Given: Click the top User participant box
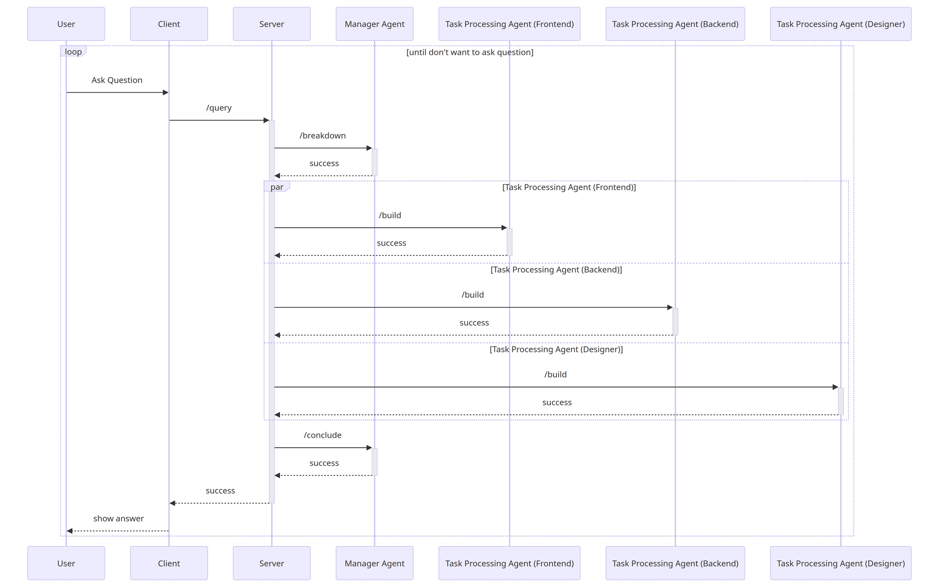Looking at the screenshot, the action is click(66, 24).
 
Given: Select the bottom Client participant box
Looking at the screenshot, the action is click(169, 563).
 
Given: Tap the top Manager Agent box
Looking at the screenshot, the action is click(374, 24).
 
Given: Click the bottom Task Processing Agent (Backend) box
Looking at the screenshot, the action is click(675, 563).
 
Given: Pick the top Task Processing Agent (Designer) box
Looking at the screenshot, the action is click(841, 24).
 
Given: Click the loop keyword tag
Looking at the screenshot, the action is click(73, 52).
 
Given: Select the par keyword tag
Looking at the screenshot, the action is click(277, 187).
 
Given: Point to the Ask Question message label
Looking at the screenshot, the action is click(117, 80).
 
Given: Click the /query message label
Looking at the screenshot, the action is click(219, 108).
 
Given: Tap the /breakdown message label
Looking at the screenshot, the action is click(323, 136).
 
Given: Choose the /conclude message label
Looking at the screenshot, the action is click(323, 435).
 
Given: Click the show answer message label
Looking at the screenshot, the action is click(118, 518).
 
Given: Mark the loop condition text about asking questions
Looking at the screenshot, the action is click(470, 52).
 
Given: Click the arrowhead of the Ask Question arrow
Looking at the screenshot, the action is click(165, 92).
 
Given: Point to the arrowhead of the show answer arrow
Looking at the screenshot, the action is click(70, 531).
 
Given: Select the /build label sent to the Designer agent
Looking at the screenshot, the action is click(555, 374).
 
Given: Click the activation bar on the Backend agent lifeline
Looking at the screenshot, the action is click(675, 321).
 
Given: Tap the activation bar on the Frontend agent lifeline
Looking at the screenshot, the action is click(509, 242).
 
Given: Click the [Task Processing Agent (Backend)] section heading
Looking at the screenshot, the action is click(556, 269).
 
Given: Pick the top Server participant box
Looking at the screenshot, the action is click(272, 24).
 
